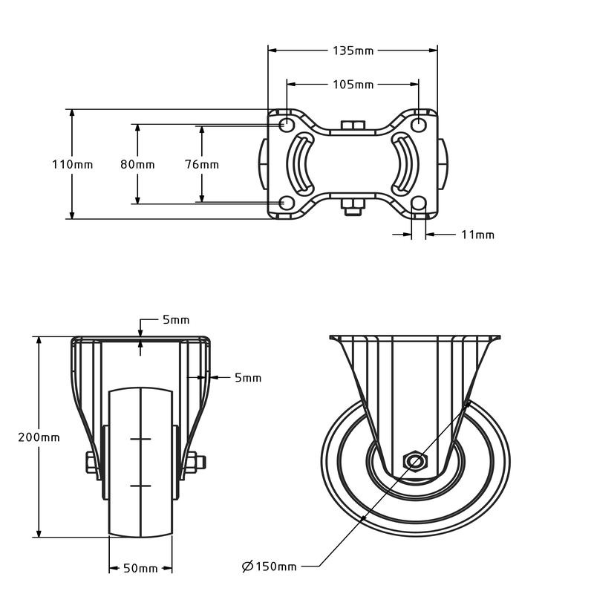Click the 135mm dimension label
pos(353,50)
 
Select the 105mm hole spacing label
pos(353,84)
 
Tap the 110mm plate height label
pos(72,164)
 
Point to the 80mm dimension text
pos(137,164)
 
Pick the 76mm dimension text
pos(201,164)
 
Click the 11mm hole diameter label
pos(477,235)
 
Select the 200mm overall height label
pos(39,437)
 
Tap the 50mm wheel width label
pos(140,568)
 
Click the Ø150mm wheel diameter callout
pos(270,567)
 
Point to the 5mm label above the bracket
pos(176,320)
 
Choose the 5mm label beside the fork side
pos(247,377)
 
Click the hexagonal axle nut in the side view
pos(415,462)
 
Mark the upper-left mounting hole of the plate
pos(286,124)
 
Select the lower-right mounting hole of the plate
pos(419,203)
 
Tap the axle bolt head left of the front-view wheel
pos(91,462)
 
